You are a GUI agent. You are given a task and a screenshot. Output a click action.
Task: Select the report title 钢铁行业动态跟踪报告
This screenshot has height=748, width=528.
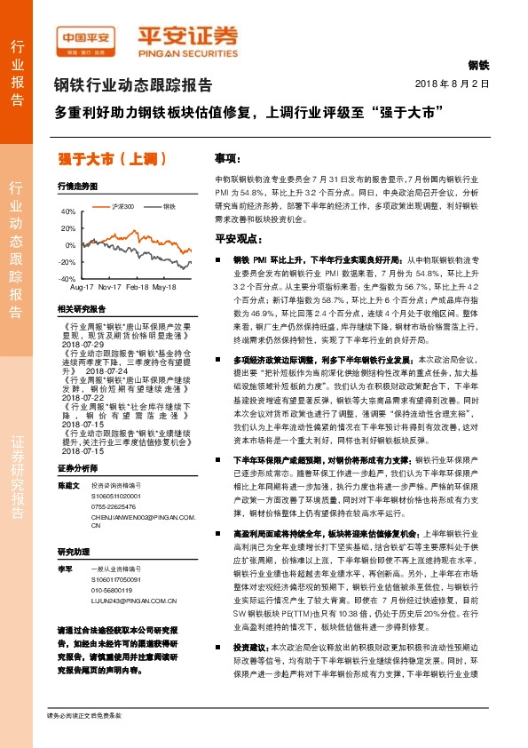134,86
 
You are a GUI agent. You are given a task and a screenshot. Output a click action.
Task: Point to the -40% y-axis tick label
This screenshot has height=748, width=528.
67,279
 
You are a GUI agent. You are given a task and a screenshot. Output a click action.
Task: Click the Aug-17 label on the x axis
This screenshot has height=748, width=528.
82,288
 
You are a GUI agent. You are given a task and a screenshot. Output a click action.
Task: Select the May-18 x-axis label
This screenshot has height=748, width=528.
164,288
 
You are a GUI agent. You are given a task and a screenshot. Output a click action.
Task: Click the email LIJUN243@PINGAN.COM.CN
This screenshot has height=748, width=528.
135,625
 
